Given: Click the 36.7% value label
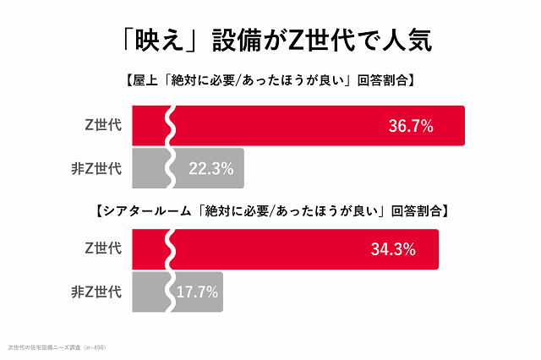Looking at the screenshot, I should click(x=411, y=127).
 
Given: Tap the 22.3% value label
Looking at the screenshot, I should click(x=210, y=168).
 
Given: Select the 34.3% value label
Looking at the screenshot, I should click(x=392, y=249).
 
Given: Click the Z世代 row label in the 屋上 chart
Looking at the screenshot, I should click(x=104, y=126).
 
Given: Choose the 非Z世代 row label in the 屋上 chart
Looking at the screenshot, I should click(x=96, y=168).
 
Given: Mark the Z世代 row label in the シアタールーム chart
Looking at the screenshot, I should click(x=104, y=249).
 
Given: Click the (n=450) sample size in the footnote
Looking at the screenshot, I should click(x=94, y=346).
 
